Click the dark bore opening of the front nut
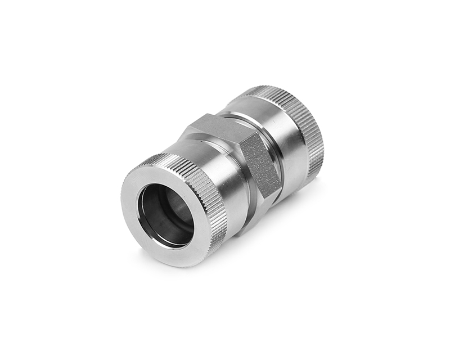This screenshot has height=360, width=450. click(x=163, y=214)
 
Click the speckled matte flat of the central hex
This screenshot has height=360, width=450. click(x=260, y=163)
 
